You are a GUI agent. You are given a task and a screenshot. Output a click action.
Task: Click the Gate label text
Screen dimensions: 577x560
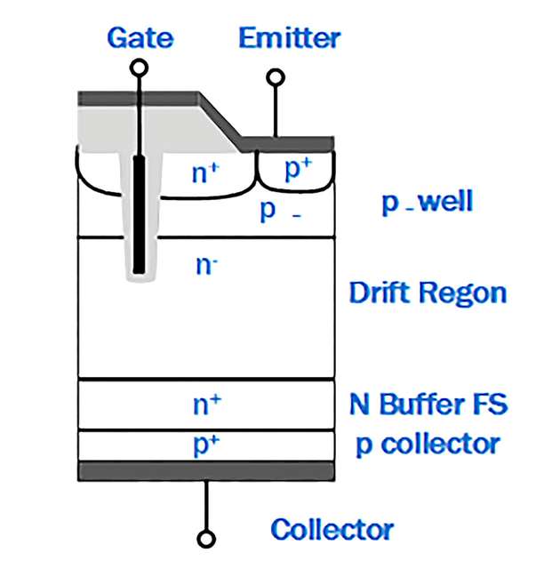coord(140,38)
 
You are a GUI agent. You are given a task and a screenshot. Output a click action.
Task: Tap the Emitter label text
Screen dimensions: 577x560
coord(289,38)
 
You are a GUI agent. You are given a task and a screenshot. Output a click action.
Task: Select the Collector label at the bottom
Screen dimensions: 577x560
coord(332,530)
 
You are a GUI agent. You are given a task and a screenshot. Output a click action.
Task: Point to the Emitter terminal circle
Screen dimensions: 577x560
coord(276,77)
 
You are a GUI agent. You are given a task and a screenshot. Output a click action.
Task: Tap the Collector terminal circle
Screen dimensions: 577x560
coord(207,539)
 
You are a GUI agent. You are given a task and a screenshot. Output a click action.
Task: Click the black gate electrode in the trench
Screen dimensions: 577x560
coord(139,213)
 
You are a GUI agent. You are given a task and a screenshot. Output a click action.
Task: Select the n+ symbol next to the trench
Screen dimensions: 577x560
coord(205,172)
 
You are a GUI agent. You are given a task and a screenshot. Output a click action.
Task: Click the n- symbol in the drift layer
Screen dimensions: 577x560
coord(206,263)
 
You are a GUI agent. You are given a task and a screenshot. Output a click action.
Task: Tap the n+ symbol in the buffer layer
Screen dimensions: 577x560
coord(206,404)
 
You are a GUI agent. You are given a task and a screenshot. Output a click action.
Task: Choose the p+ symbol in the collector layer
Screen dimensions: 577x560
coord(206,445)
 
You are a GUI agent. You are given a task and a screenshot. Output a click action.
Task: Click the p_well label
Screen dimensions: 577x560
coord(427,202)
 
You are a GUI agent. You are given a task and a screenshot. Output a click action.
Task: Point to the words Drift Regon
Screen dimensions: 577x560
coord(427,293)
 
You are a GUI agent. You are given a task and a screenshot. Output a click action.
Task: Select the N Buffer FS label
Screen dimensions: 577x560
coord(428,405)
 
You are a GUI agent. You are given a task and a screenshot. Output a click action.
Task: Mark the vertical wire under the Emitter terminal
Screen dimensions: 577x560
coord(276,110)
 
